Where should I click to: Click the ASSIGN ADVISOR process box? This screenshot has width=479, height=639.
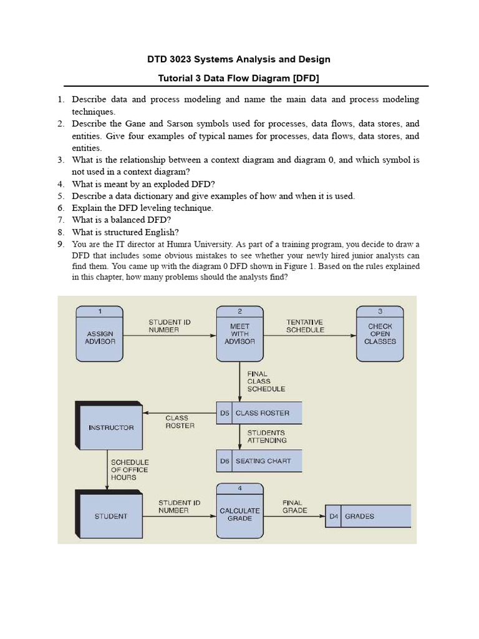(x=100, y=338)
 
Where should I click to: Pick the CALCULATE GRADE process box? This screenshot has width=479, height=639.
(x=239, y=514)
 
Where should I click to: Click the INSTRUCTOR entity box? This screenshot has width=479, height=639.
(x=111, y=427)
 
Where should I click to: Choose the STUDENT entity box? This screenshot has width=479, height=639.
(x=111, y=516)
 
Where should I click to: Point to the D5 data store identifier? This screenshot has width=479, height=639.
(x=225, y=413)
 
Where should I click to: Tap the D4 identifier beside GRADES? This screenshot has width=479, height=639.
(x=333, y=516)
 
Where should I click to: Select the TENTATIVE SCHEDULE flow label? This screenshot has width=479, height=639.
(x=305, y=326)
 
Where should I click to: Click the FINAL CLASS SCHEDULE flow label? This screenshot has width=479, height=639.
(x=266, y=381)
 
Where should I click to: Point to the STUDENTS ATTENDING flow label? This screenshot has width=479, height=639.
(x=266, y=436)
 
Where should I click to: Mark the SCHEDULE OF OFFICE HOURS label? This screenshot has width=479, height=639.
(x=130, y=470)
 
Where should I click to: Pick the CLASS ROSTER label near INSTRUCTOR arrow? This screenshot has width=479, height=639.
(x=180, y=422)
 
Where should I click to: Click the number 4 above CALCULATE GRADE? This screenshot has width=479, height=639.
(x=239, y=488)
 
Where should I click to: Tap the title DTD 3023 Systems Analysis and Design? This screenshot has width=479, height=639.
(x=239, y=59)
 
